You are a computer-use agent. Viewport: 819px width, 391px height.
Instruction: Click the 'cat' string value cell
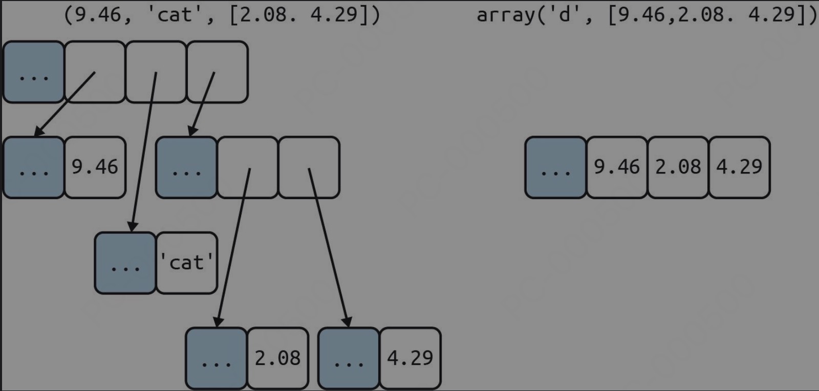186,263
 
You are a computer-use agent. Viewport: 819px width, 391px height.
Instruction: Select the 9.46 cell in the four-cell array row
617,167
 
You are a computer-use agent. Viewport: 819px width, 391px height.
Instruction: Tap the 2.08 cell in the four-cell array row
678,167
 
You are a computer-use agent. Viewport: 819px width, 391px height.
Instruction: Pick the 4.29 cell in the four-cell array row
739,167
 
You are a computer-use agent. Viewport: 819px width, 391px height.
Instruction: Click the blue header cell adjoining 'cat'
125,263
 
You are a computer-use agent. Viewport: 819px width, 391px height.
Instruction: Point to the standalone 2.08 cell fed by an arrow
278,358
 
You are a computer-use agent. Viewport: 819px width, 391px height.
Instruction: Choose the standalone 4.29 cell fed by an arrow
410,358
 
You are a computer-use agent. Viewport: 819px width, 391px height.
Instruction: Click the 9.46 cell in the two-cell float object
95,167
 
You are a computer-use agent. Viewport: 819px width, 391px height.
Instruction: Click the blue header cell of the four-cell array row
556,167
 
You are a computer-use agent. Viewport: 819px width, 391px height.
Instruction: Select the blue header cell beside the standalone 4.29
349,358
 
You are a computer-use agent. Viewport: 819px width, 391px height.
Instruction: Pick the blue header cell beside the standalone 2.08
217,358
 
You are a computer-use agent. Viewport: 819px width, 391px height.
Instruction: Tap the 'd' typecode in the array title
564,15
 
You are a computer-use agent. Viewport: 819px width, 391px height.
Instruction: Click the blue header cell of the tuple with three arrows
34,72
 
